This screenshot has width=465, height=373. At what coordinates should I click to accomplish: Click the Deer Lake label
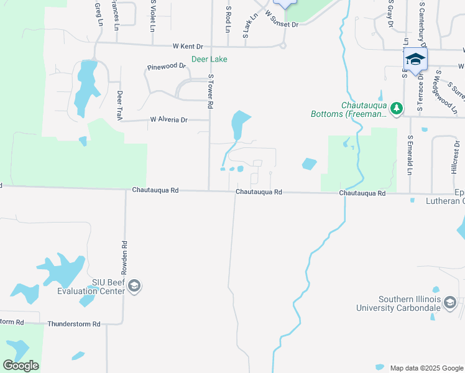(x=209, y=59)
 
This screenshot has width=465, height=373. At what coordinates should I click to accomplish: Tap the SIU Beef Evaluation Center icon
(x=136, y=286)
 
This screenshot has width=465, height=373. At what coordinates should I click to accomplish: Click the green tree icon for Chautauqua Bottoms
(x=395, y=108)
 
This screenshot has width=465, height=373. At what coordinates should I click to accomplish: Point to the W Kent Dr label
(x=188, y=46)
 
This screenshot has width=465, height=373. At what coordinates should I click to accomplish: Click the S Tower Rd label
(x=211, y=91)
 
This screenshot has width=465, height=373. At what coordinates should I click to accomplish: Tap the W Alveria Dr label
(x=168, y=119)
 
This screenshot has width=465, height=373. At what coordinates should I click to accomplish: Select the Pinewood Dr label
(x=166, y=66)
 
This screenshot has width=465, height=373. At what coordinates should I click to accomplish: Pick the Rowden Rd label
(x=124, y=258)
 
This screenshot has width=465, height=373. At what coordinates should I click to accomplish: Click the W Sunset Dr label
(x=282, y=19)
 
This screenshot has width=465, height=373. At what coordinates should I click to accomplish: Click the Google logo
(x=21, y=365)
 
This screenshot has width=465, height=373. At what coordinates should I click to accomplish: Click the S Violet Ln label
(x=152, y=15)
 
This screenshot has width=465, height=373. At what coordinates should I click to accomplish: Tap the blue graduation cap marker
(x=415, y=60)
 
